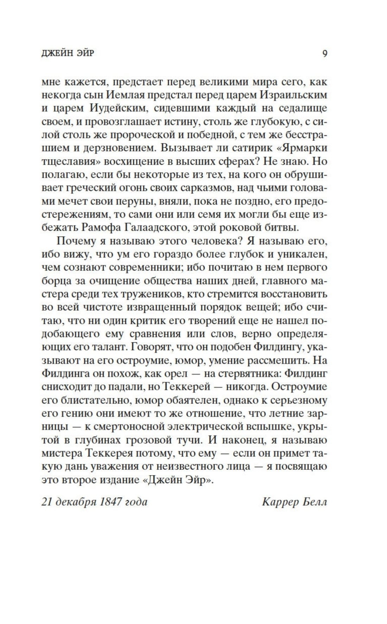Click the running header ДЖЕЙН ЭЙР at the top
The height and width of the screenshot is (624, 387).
[68, 54]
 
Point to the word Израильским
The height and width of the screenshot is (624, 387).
[295, 95]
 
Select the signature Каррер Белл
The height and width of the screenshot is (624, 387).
[294, 502]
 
